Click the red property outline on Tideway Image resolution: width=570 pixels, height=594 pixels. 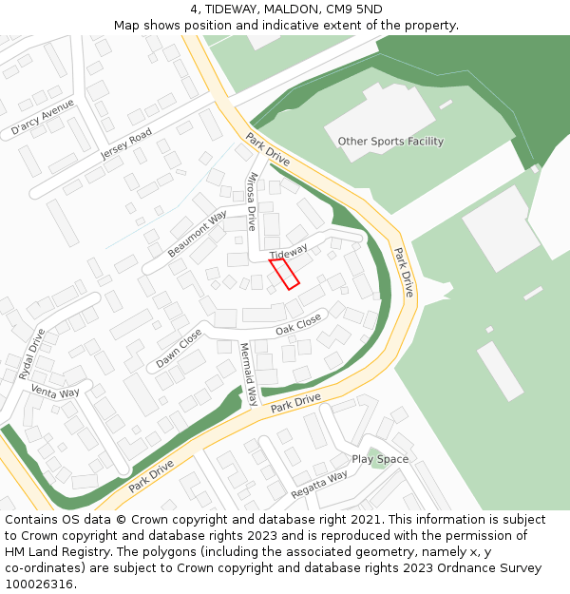(285, 273)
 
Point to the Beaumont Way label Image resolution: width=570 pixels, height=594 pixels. (197, 234)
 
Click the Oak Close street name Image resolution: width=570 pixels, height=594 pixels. (298, 326)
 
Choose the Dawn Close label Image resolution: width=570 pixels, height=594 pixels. (179, 350)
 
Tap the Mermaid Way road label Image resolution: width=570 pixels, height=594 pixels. (248, 374)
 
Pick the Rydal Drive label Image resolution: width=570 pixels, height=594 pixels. (31, 354)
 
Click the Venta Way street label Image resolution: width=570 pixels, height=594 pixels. (55, 392)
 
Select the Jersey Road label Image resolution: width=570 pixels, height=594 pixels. (126, 144)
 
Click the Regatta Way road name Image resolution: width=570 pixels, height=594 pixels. (319, 483)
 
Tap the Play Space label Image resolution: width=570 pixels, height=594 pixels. (380, 459)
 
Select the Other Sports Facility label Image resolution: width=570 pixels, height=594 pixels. (390, 142)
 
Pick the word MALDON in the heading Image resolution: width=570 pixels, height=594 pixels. (293, 9)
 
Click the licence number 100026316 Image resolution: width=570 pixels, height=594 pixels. (39, 584)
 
